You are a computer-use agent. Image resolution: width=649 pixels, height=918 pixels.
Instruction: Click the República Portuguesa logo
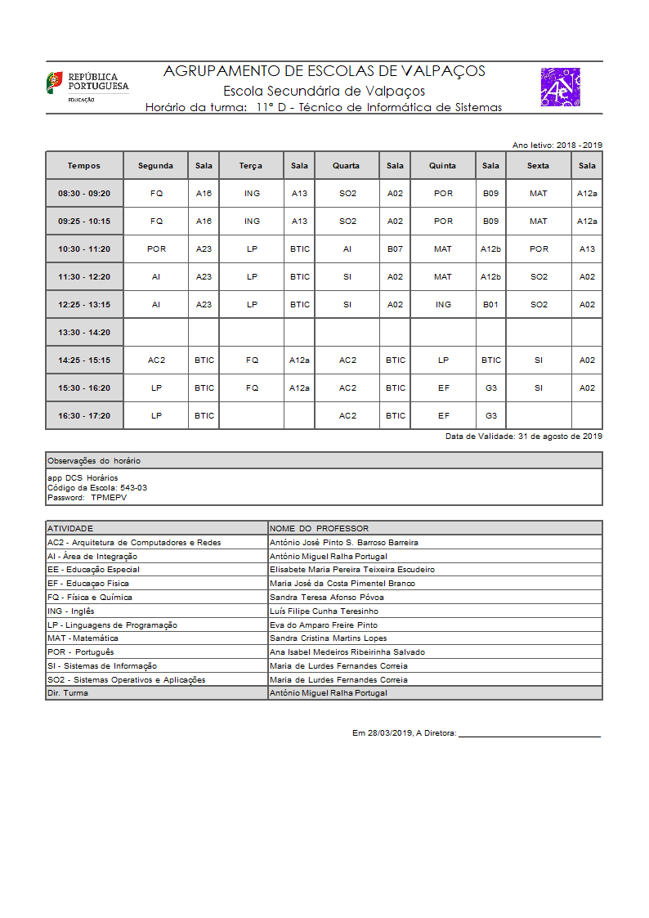[87, 85]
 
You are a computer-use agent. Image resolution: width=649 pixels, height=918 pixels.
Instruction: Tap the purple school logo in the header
[560, 87]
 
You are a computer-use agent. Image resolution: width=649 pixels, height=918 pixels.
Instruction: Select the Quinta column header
[443, 166]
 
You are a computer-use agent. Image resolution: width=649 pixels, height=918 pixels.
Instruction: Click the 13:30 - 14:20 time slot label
[84, 333]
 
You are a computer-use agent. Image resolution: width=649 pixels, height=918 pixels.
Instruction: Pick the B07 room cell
[395, 249]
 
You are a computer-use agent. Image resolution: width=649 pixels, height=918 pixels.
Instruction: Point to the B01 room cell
[490, 305]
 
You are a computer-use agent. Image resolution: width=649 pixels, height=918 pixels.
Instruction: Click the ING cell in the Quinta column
[443, 305]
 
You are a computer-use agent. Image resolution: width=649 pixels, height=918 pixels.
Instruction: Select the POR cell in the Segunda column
[156, 249]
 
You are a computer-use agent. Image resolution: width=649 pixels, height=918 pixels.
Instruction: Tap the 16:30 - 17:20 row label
[84, 416]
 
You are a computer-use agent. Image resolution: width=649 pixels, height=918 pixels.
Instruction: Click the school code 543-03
[133, 488]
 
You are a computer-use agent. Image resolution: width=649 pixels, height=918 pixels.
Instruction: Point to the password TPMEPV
[109, 498]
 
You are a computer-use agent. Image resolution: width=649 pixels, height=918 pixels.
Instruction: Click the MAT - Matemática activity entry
[83, 638]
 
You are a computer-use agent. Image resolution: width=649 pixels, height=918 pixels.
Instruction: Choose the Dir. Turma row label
[68, 693]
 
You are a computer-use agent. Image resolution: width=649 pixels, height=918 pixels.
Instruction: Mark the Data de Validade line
[523, 437]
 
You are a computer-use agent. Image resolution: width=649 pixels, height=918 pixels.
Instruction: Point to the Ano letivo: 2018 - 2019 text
[557, 146]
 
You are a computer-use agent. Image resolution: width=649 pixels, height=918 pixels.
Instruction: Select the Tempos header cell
[84, 166]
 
